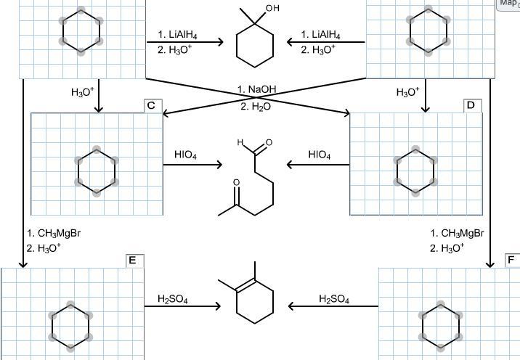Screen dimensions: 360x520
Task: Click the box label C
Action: pyautogui.click(x=151, y=106)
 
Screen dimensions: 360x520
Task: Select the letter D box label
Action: pyautogui.click(x=471, y=106)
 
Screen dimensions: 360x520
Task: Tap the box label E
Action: pyautogui.click(x=132, y=261)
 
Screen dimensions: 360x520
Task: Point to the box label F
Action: pyautogui.click(x=512, y=261)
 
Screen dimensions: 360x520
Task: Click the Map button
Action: pyautogui.click(x=508, y=4)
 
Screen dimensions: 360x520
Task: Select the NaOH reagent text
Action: pyautogui.click(x=257, y=89)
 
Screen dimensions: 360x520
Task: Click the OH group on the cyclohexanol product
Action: pyautogui.click(x=272, y=9)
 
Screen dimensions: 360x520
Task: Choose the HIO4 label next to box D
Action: pyautogui.click(x=320, y=155)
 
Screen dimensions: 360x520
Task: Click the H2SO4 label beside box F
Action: pyautogui.click(x=334, y=299)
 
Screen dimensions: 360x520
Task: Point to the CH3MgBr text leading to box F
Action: pyautogui.click(x=457, y=234)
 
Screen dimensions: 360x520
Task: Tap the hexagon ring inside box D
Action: pyautogui.click(x=415, y=171)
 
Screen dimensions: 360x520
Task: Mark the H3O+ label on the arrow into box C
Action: pyautogui.click(x=82, y=92)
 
